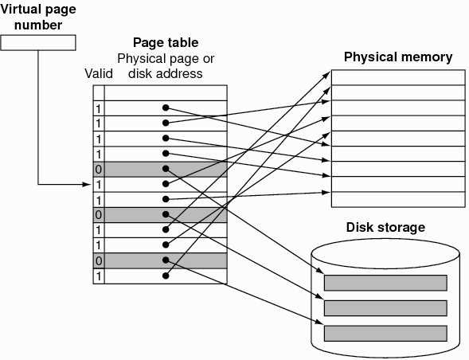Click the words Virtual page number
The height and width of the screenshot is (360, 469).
pos(39,17)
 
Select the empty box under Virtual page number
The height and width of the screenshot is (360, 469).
pos(39,42)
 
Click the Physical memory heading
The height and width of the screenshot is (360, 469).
pos(397,57)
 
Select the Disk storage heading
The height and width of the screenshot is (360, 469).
pos(385,227)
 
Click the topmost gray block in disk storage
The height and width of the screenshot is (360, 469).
pos(385,282)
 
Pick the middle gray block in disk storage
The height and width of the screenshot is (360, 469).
pos(385,307)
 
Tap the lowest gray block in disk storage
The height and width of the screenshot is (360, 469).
pos(385,332)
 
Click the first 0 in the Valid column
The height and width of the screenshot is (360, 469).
pos(98,169)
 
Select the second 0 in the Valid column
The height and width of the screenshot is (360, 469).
pos(98,215)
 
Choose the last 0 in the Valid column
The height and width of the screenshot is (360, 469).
pos(98,260)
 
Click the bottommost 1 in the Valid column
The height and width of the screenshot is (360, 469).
pos(98,276)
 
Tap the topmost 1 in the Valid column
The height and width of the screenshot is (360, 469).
pos(98,108)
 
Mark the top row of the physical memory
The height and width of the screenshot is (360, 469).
pos(397,77)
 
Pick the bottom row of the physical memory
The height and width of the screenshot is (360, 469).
pos(397,199)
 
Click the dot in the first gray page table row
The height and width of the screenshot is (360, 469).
pos(165,169)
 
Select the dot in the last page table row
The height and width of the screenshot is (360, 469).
pos(165,276)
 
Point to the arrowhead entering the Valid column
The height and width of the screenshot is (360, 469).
pos(88,185)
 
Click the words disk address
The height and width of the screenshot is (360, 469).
pos(166,74)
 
